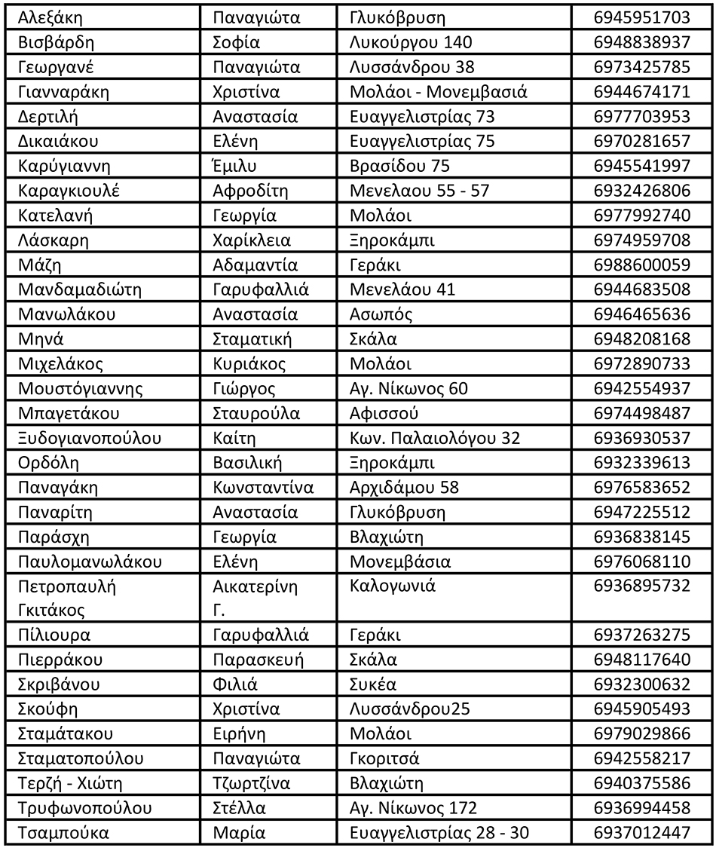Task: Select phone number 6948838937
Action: coord(641,42)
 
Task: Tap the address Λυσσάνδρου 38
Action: coord(412,67)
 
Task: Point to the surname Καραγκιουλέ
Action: coord(69,191)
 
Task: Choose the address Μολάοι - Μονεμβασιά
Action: coord(438,92)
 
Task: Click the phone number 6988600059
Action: coord(641,265)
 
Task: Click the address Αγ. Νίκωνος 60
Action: coord(408,389)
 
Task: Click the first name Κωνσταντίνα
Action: coord(262,488)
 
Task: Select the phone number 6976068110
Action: coord(641,562)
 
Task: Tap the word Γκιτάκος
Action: coord(51,609)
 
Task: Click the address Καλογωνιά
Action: coord(393,586)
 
